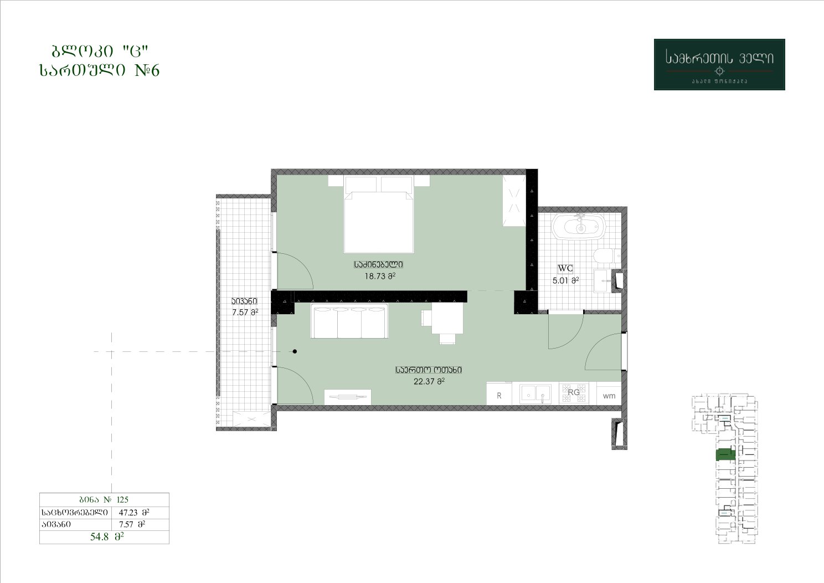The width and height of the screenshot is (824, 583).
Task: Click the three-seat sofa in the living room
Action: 349,321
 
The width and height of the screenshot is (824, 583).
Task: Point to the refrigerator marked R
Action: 499,394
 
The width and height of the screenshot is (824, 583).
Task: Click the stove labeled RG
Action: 574,393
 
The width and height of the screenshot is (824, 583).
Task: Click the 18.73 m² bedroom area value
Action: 380,276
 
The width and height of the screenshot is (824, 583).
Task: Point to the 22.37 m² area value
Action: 429,381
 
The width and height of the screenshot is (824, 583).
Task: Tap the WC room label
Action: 565,268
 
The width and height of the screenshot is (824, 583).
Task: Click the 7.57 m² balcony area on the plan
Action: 245,312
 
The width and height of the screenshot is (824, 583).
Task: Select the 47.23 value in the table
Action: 128,512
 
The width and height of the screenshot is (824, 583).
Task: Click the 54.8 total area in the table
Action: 99,536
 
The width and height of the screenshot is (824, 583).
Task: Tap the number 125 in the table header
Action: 122,499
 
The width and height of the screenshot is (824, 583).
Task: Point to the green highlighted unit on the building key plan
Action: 725,455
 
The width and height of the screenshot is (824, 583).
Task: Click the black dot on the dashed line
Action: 295,351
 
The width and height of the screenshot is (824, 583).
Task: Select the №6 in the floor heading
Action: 147,70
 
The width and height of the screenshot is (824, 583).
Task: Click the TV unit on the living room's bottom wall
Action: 348,397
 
